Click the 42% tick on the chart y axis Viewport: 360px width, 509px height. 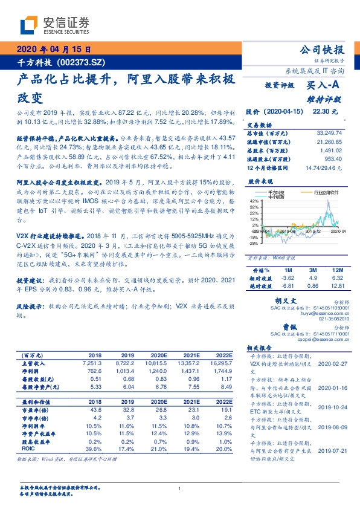[x=254, y=198]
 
